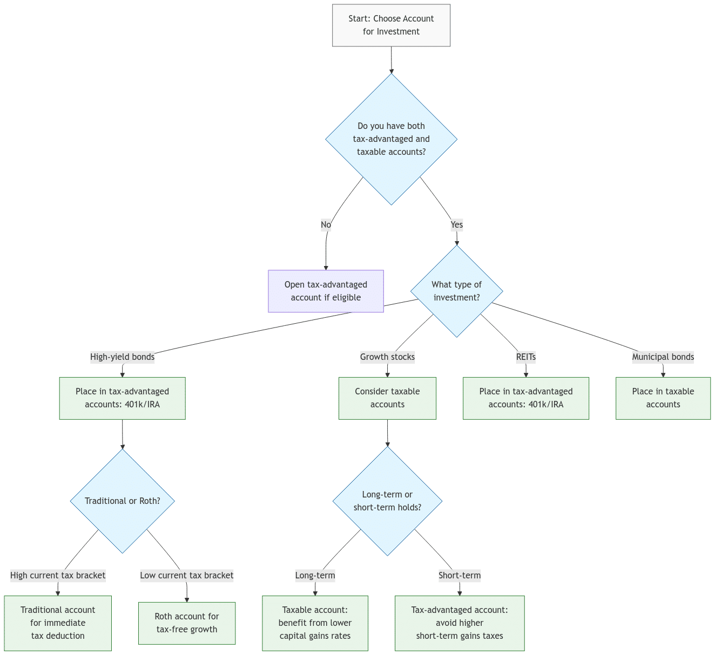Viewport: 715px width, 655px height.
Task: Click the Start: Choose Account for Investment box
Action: coord(391,25)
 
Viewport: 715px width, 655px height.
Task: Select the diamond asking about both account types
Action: coord(391,139)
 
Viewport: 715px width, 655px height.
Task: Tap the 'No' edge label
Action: coord(326,224)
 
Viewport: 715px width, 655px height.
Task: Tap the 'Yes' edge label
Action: coord(456,224)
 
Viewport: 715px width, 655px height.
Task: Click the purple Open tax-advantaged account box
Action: coord(326,291)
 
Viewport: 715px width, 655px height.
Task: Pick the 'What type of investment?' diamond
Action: coord(456,291)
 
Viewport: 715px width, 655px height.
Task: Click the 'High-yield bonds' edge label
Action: coord(122,357)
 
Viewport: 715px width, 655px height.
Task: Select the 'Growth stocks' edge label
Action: coord(387,357)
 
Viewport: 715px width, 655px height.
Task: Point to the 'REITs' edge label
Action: coord(525,357)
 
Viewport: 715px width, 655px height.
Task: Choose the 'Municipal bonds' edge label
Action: coord(663,357)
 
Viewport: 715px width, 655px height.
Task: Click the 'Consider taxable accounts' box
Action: coord(387,398)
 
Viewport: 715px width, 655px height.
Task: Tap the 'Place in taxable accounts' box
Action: coord(663,398)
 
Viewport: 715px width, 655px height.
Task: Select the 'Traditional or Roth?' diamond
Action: coord(123,501)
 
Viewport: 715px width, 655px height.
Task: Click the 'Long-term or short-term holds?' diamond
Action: coord(387,501)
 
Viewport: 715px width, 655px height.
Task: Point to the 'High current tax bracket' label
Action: coord(58,575)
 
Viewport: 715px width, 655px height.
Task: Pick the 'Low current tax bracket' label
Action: coord(186,575)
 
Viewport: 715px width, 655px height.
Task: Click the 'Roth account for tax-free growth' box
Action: coord(186,623)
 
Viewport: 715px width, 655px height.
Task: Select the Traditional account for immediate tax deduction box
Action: coord(58,623)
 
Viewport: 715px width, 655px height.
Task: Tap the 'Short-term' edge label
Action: coord(459,575)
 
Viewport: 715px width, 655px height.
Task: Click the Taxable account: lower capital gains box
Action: coord(315,623)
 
